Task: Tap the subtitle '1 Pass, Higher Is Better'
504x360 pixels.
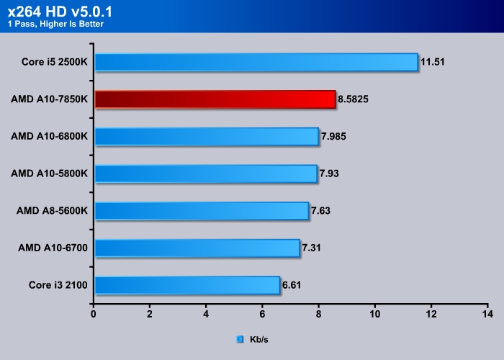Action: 55,24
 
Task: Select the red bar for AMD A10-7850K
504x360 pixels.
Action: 215,99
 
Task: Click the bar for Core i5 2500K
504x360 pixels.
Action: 256,62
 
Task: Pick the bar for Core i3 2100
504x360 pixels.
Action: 186,286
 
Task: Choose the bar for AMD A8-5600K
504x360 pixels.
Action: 201,211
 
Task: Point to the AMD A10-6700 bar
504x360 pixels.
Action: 197,248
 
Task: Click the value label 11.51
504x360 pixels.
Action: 433,62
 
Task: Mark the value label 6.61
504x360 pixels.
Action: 292,286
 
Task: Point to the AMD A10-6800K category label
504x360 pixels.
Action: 49,137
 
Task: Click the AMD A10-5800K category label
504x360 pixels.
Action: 49,174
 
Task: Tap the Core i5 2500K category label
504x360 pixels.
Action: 55,62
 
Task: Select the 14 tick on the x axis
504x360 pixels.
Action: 487,315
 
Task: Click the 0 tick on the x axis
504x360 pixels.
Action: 94,315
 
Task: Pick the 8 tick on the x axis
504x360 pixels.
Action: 319,315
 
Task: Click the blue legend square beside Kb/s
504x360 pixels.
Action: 240,338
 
